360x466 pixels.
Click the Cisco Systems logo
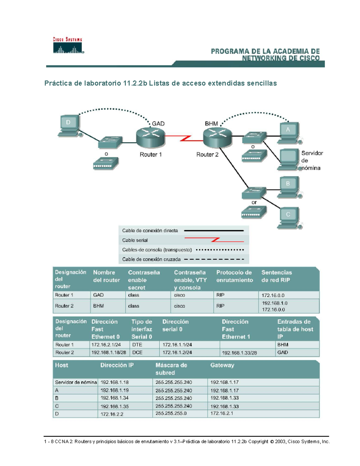68,46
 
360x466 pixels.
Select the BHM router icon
217,137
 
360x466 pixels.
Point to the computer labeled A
289,132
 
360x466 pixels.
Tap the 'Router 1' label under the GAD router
151,155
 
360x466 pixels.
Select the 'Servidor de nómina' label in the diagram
312,161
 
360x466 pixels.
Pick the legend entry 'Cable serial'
135,240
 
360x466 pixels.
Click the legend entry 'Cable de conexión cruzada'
151,259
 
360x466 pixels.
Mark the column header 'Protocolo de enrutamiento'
234,276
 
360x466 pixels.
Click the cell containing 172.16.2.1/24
106,345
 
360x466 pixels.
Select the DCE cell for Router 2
137,353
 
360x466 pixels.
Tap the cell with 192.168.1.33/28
239,353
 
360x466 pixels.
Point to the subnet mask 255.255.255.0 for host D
171,413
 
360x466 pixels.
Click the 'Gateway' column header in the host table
222,365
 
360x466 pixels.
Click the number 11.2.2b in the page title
135,83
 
